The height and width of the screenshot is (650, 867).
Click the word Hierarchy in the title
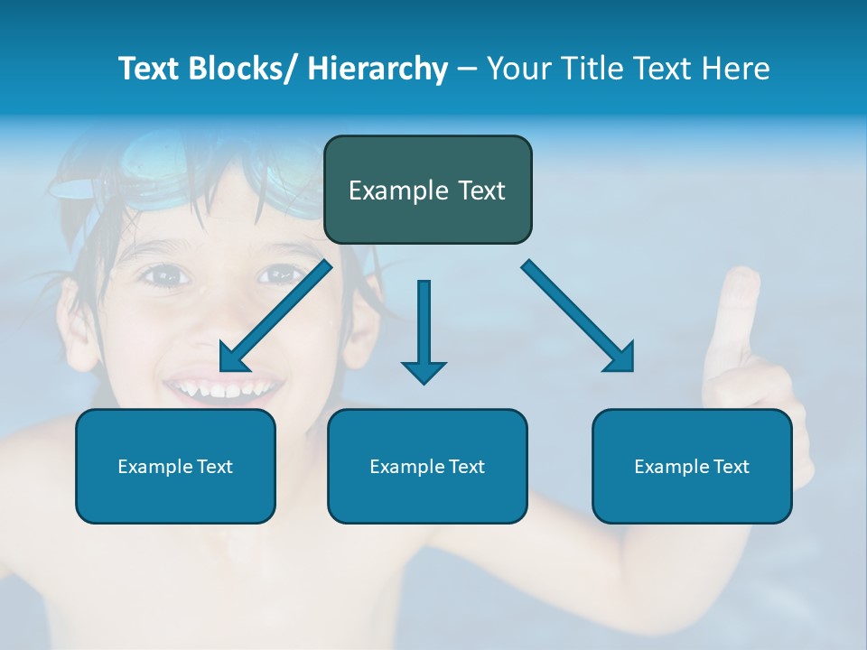point(378,69)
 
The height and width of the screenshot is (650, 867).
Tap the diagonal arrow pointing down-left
point(276,316)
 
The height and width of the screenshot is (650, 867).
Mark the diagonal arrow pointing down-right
point(578,316)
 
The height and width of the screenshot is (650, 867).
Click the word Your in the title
point(517,69)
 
